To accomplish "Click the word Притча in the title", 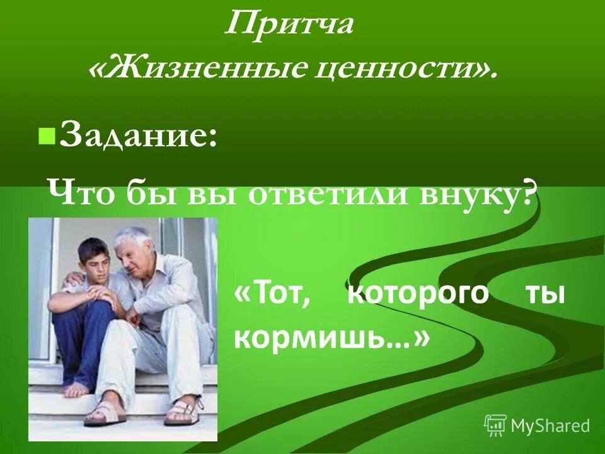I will point(289,26).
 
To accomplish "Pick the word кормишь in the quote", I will point(321,339).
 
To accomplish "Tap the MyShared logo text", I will point(550,426).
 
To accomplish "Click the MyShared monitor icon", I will point(495,425).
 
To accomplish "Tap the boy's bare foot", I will point(77,389).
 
